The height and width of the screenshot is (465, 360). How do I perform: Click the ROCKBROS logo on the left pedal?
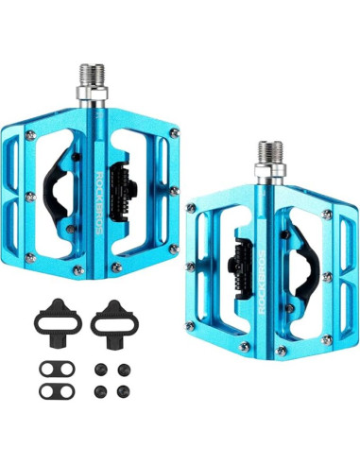click(99, 203)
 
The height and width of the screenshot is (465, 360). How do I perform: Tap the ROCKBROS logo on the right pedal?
click(262, 283)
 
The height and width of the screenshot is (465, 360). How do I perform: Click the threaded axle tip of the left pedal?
click(92, 75)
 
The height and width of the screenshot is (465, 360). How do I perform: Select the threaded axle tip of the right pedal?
click(270, 153)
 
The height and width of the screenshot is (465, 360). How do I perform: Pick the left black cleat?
click(58, 322)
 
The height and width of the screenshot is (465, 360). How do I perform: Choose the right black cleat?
click(114, 323)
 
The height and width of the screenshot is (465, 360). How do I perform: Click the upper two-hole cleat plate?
click(57, 369)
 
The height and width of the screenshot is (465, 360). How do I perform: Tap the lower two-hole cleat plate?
click(57, 391)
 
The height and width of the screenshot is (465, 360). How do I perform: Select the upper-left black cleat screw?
click(101, 370)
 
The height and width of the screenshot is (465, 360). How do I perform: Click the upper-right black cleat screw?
click(124, 370)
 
